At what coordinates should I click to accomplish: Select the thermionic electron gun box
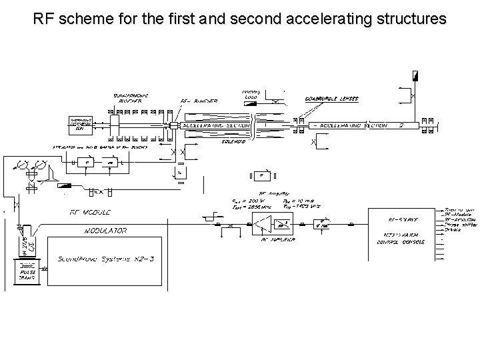click(79, 123)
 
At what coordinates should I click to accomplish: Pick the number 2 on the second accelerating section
click(401, 124)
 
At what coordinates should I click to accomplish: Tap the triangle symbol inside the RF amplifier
click(261, 229)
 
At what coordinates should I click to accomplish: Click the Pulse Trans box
click(27, 271)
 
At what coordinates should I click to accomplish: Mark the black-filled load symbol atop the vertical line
click(415, 76)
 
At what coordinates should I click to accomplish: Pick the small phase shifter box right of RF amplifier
click(323, 225)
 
